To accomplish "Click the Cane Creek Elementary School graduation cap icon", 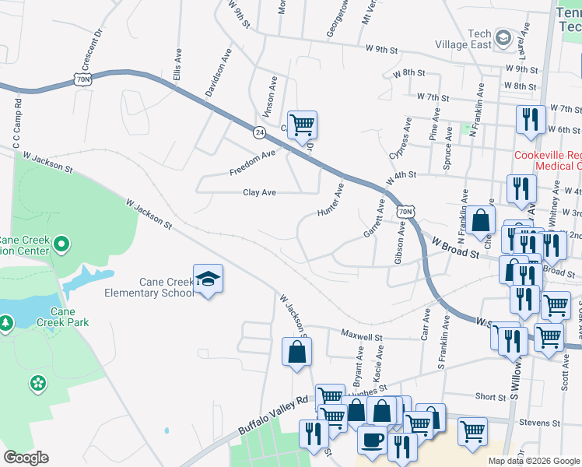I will point(208,278).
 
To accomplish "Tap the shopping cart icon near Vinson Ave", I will point(302,124).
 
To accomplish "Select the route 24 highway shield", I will point(258,133).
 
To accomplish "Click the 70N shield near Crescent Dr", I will point(83,79).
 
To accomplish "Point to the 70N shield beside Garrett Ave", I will point(404,211).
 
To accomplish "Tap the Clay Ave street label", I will point(260,191).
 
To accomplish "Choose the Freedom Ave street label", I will point(253,164).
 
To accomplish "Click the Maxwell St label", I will point(362,336).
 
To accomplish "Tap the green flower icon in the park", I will point(37,382).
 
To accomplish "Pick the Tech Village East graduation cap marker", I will point(503,38).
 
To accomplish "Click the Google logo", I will point(25,458).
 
